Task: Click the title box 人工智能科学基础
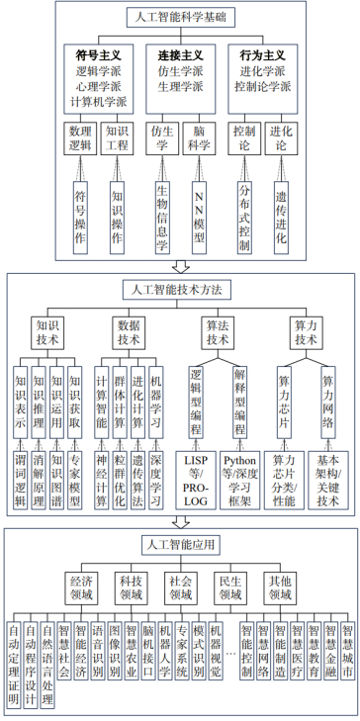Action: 179,17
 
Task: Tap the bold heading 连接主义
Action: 180,55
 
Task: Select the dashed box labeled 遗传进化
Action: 282,213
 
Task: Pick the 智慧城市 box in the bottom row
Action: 347,657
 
